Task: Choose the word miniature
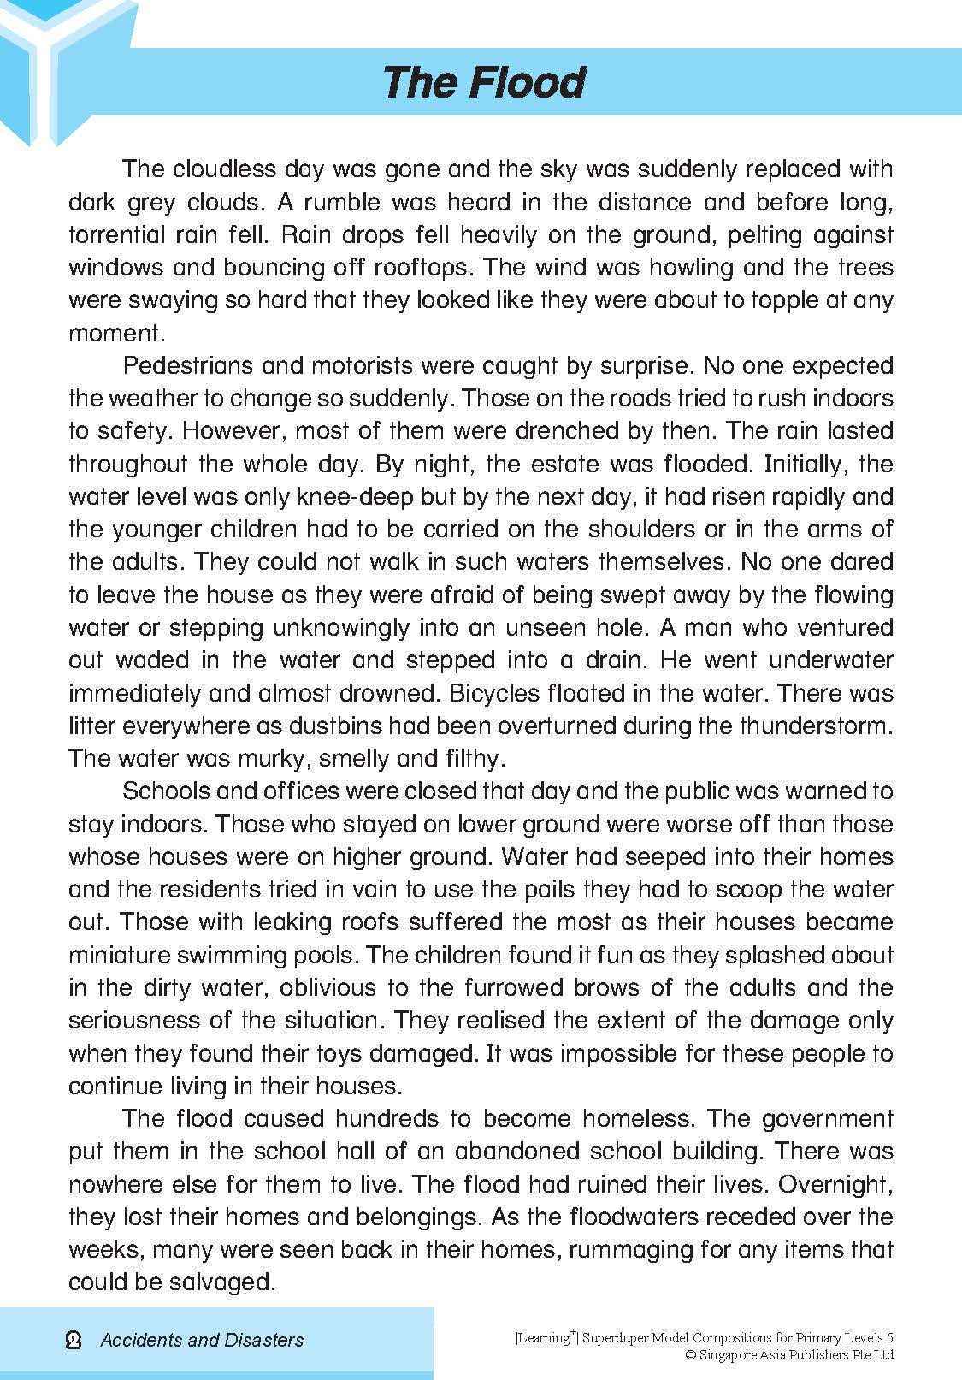(129, 955)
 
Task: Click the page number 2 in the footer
(74, 1340)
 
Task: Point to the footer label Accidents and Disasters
(202, 1340)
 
